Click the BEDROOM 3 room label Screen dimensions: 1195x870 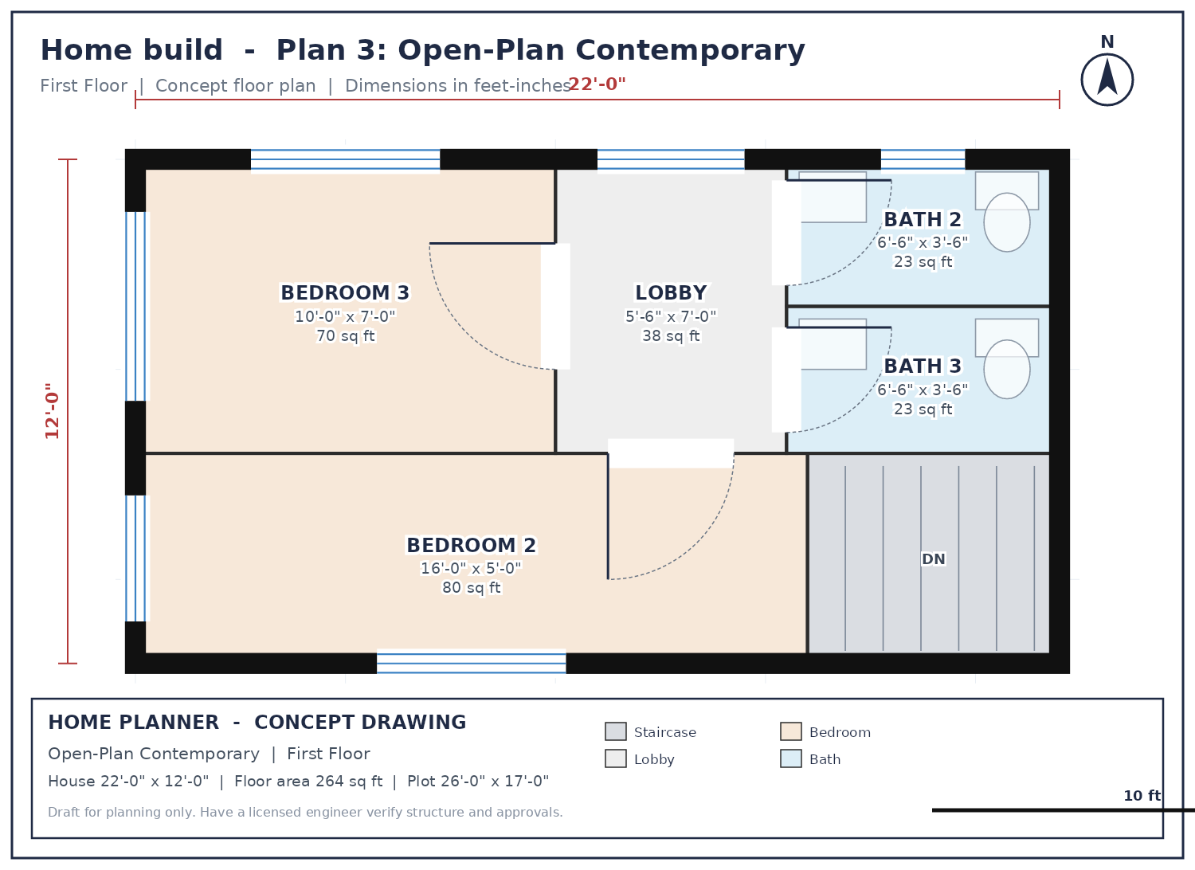(345, 293)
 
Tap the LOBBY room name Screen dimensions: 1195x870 (671, 293)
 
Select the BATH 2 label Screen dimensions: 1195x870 (923, 219)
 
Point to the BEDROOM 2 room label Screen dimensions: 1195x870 (471, 545)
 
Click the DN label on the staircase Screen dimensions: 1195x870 (933, 559)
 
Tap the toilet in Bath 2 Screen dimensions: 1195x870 (1007, 211)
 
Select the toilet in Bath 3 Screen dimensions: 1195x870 (1007, 359)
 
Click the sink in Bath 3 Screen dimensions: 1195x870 (833, 344)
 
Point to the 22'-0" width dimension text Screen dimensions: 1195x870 (597, 84)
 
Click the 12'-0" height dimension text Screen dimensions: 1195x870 (53, 411)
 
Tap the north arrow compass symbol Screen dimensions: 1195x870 (1107, 80)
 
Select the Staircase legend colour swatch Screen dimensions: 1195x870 (615, 731)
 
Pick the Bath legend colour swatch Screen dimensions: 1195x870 (790, 758)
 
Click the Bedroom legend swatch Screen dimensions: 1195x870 (790, 731)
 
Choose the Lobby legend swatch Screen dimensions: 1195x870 (615, 758)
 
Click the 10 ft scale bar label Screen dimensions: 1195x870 (1142, 796)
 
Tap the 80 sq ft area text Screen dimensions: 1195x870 (471, 588)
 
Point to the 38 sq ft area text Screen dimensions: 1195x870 (671, 336)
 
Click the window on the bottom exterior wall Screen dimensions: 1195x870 (471, 663)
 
